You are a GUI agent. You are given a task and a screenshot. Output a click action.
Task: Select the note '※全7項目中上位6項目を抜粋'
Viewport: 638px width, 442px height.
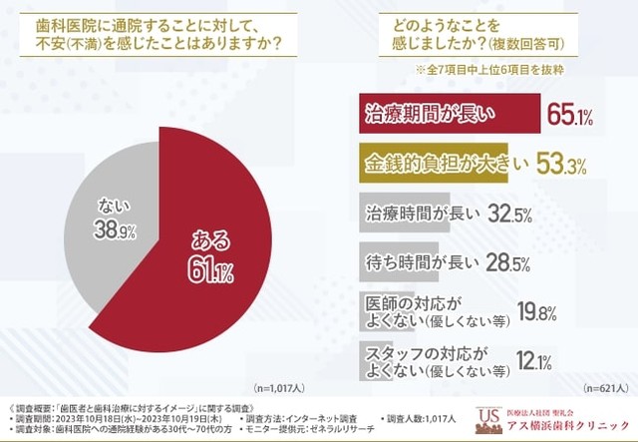coord(488,71)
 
